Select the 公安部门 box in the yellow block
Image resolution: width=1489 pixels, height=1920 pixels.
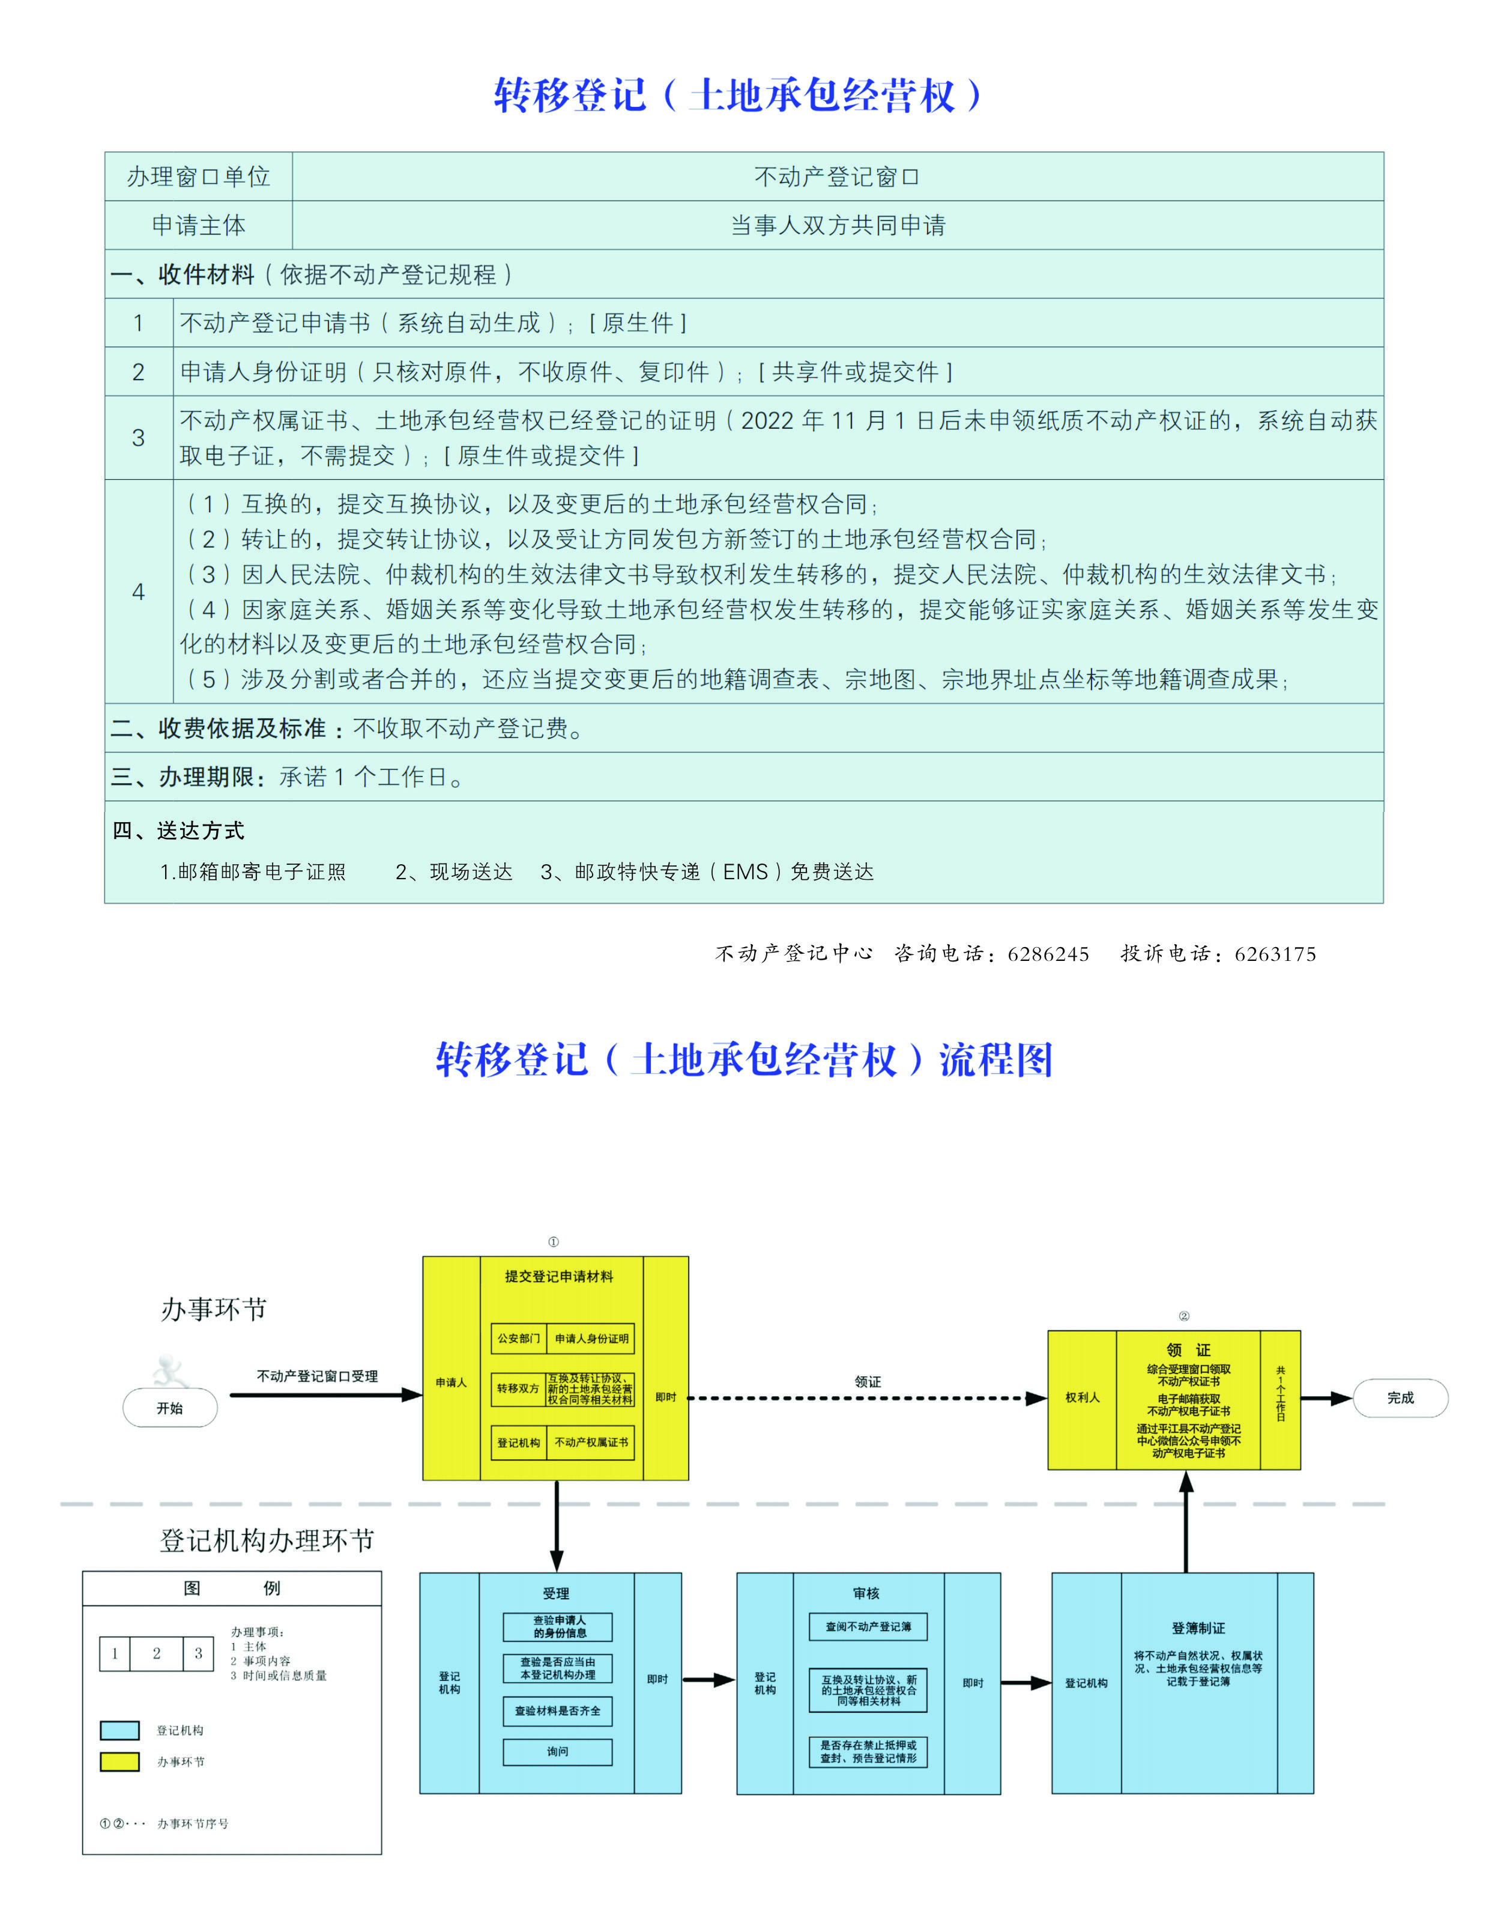pyautogui.click(x=519, y=1338)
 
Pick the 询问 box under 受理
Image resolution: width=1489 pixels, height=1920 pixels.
pyautogui.click(x=557, y=1751)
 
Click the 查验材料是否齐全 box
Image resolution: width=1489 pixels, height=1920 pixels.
pyautogui.click(x=557, y=1711)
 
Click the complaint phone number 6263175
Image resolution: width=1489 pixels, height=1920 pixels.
pyautogui.click(x=1275, y=955)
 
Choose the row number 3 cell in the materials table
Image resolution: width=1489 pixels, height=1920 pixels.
pyautogui.click(x=138, y=438)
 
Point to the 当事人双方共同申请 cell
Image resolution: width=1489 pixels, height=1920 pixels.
pyautogui.click(x=837, y=226)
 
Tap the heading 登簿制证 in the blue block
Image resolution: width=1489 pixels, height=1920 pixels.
pyautogui.click(x=1197, y=1628)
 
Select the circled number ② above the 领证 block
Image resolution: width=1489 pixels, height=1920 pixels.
pyautogui.click(x=1184, y=1316)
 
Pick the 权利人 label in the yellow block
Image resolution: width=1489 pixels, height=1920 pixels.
pyautogui.click(x=1082, y=1398)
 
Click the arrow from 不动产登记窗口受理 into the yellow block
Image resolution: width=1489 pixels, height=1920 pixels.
pyautogui.click(x=325, y=1395)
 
